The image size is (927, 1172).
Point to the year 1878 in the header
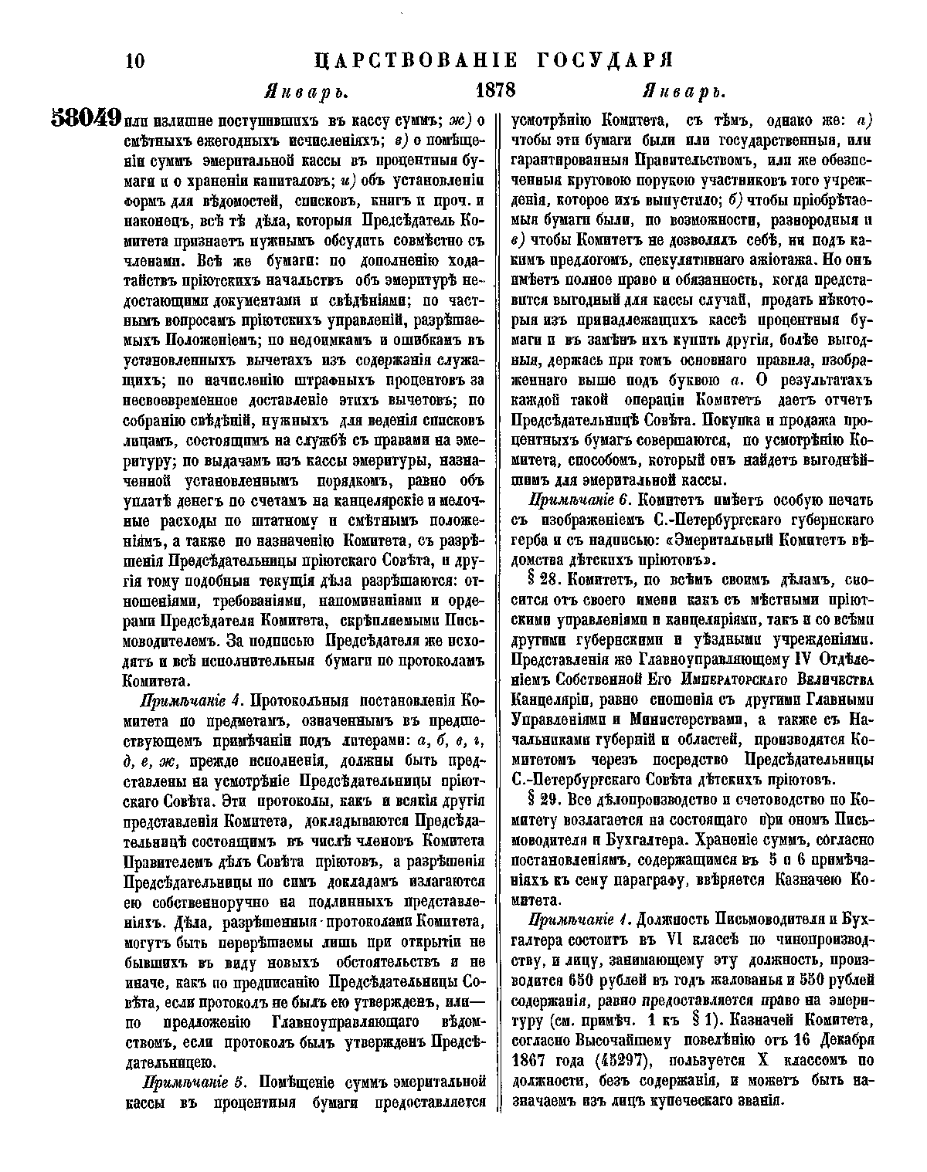[x=496, y=90]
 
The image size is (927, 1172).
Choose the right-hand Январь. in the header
[x=685, y=92]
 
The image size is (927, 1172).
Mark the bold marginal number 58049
[x=86, y=118]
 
